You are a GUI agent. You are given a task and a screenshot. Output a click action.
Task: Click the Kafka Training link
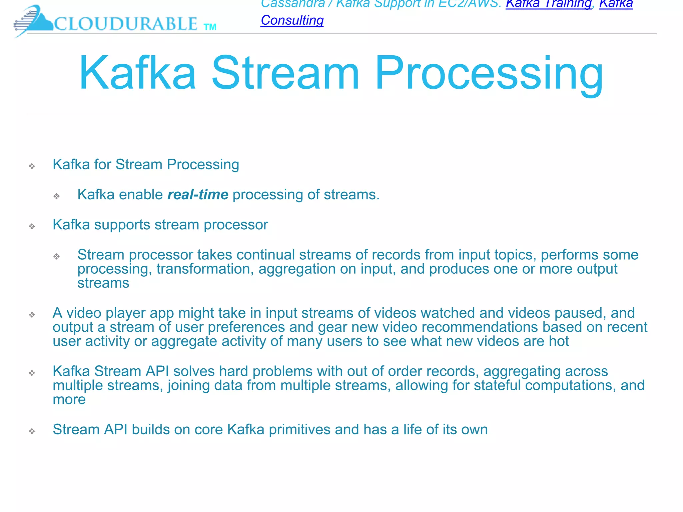coord(548,4)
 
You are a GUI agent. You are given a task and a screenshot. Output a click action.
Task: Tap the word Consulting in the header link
coord(292,20)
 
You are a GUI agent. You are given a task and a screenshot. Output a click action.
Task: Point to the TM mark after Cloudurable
coord(210,27)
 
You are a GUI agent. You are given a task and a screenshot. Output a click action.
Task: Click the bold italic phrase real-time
coord(198,194)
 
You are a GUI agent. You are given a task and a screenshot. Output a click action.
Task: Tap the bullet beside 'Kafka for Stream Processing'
coord(32,166)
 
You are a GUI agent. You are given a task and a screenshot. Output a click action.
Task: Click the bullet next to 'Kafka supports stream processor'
coord(32,226)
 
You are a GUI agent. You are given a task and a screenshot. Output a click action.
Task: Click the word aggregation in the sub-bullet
coord(297,269)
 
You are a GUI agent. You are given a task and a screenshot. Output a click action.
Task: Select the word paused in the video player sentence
coord(578,313)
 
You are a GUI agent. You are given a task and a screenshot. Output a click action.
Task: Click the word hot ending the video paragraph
coord(559,341)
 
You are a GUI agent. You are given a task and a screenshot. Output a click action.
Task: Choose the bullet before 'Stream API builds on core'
coord(32,431)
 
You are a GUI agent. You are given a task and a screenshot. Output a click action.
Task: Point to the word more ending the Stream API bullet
coord(69,399)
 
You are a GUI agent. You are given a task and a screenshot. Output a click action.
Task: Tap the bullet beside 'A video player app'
coord(32,315)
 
